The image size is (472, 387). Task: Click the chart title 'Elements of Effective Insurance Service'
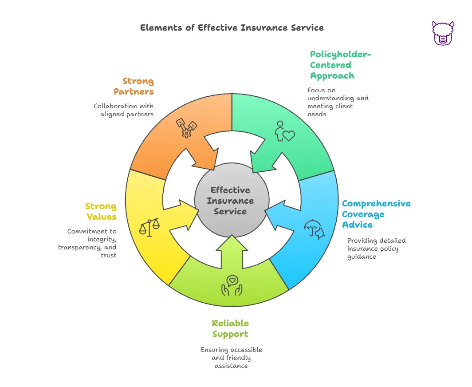(x=232, y=28)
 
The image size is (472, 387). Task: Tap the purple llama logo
(x=442, y=33)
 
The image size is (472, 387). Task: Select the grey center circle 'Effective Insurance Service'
(x=232, y=201)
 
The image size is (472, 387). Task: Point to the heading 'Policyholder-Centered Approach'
(x=340, y=65)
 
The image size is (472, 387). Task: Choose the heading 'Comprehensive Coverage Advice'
(x=376, y=214)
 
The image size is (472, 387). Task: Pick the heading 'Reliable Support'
(x=230, y=328)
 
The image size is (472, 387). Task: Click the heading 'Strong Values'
(x=101, y=211)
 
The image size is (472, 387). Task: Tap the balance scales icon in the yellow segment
(x=149, y=228)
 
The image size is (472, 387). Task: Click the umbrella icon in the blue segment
(x=314, y=229)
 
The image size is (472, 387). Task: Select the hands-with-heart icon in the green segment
(x=232, y=286)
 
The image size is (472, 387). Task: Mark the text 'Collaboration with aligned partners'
(x=124, y=110)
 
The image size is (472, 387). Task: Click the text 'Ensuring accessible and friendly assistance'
(x=231, y=358)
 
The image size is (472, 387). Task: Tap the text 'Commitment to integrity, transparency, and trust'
(x=88, y=243)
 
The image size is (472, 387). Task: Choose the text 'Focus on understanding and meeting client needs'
(x=337, y=102)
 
